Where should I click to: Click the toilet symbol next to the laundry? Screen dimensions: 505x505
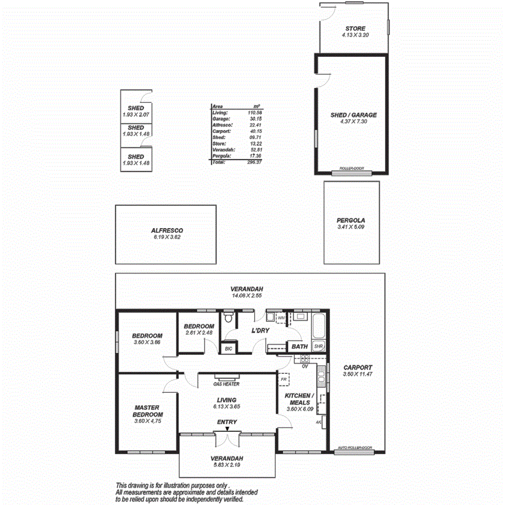(228, 317)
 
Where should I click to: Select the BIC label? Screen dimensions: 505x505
(229, 349)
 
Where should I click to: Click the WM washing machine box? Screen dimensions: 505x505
(281, 318)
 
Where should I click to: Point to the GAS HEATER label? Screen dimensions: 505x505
(226, 384)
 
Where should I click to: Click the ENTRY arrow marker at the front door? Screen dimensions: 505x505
(228, 429)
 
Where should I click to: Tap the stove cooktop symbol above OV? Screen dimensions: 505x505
(301, 358)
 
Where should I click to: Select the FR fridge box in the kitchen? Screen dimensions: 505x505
(283, 380)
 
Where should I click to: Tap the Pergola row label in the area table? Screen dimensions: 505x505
(221, 156)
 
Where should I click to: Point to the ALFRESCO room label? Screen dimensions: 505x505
(167, 230)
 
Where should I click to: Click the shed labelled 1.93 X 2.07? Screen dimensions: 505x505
(137, 112)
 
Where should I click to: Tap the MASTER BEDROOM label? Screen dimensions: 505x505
(148, 411)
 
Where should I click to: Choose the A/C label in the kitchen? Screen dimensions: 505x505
(319, 422)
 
